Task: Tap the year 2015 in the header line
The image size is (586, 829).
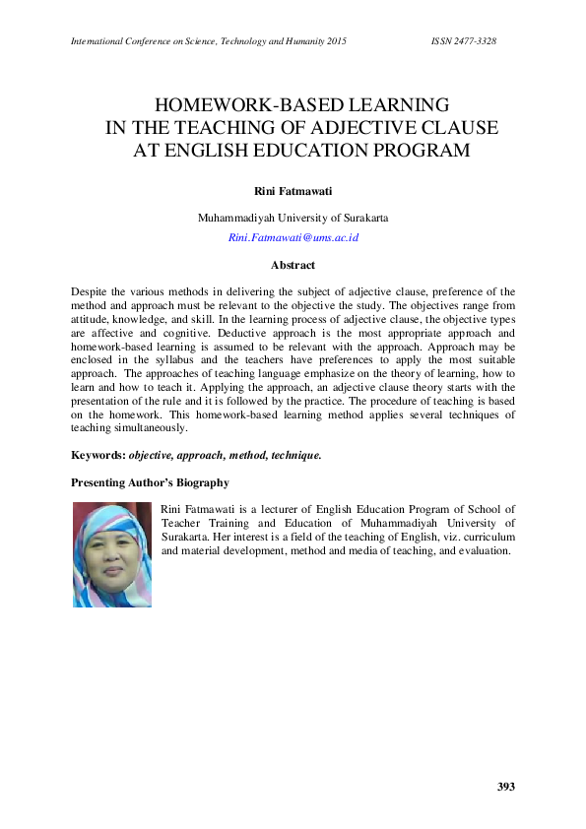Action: [x=331, y=40]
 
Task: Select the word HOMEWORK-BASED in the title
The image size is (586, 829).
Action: [x=231, y=105]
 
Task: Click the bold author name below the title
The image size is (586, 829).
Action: [x=293, y=187]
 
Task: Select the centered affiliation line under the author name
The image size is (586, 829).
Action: [x=293, y=218]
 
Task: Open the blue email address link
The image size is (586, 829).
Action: [x=293, y=238]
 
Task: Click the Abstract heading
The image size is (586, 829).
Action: [x=293, y=265]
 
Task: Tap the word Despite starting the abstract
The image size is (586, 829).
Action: [x=91, y=292]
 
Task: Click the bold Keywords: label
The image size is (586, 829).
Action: [x=98, y=455]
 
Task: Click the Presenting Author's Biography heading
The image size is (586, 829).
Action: [x=151, y=482]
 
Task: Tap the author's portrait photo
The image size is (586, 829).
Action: [x=112, y=554]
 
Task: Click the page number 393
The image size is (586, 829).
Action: [x=505, y=787]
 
